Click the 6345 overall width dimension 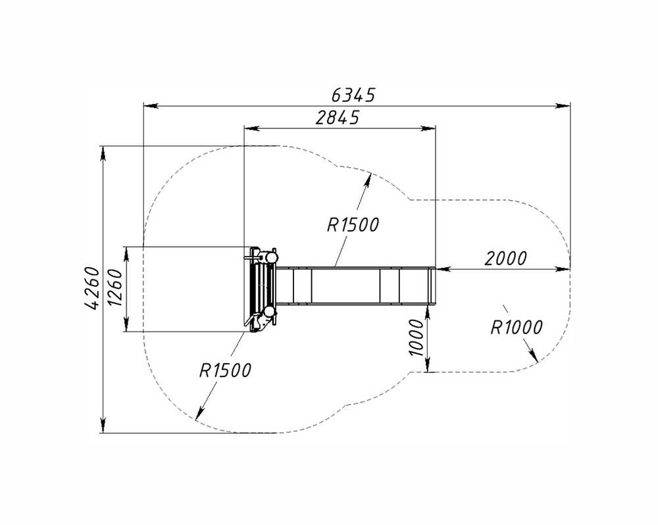click(353, 95)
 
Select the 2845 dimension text click(338, 118)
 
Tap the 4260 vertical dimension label click(92, 288)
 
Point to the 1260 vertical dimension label click(114, 287)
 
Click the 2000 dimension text click(505, 259)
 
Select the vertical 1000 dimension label click(417, 337)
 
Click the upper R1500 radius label click(353, 225)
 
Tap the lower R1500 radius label click(225, 370)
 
